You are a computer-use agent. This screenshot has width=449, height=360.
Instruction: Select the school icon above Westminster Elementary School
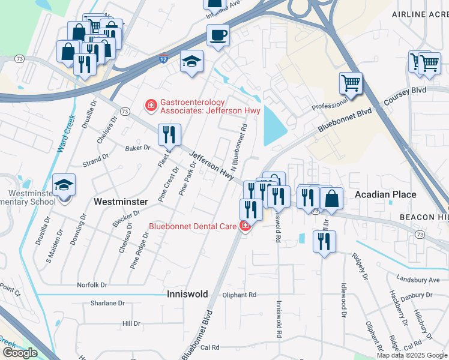pyautogui.click(x=64, y=187)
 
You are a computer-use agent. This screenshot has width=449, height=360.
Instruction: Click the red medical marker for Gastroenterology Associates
pyautogui.click(x=151, y=106)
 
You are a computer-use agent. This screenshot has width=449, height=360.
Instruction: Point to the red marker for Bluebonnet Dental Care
pyautogui.click(x=244, y=226)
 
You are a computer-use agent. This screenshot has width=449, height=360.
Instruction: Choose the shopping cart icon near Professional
pyautogui.click(x=351, y=83)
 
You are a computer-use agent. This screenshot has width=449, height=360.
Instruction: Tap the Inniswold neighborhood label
pyautogui.click(x=187, y=294)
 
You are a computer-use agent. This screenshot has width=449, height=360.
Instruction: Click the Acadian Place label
pyautogui.click(x=385, y=194)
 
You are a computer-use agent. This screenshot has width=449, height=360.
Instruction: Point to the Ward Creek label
pyautogui.click(x=65, y=133)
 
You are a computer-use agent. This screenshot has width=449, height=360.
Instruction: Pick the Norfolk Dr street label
pyautogui.click(x=92, y=285)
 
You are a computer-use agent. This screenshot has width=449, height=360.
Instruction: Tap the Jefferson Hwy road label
pyautogui.click(x=211, y=166)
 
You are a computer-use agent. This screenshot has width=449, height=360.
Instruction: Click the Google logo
pyautogui.click(x=19, y=353)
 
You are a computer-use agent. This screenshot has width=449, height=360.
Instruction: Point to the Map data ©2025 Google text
pyautogui.click(x=411, y=355)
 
